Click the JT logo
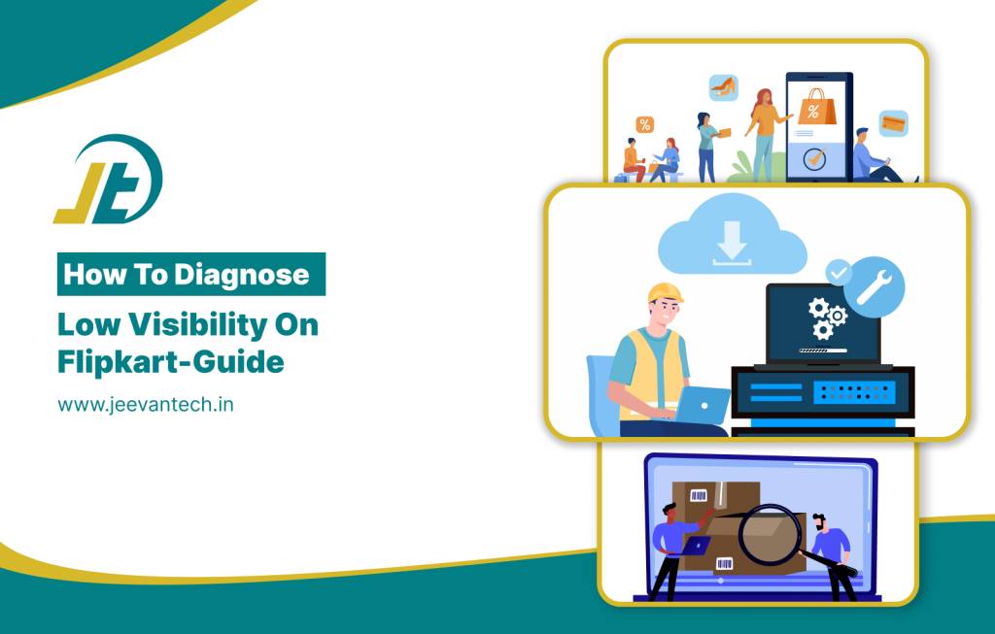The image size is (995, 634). [x=109, y=180]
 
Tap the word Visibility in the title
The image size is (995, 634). [x=197, y=324]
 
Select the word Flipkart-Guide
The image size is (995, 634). [x=171, y=363]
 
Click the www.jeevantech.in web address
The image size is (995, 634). [x=146, y=405]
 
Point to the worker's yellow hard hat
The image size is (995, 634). [x=665, y=293]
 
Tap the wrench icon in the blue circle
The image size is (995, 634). [x=875, y=286]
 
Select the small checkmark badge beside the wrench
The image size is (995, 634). [x=839, y=273]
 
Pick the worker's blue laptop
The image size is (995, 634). [x=703, y=405]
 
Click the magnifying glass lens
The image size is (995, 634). [x=770, y=533]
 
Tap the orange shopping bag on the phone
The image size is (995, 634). [x=816, y=108]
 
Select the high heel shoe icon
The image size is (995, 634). [x=723, y=87]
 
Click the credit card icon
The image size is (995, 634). [x=894, y=123]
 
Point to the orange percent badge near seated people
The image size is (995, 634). [x=645, y=124]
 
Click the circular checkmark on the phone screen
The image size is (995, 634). [x=815, y=158]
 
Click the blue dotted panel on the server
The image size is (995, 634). [x=854, y=392]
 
